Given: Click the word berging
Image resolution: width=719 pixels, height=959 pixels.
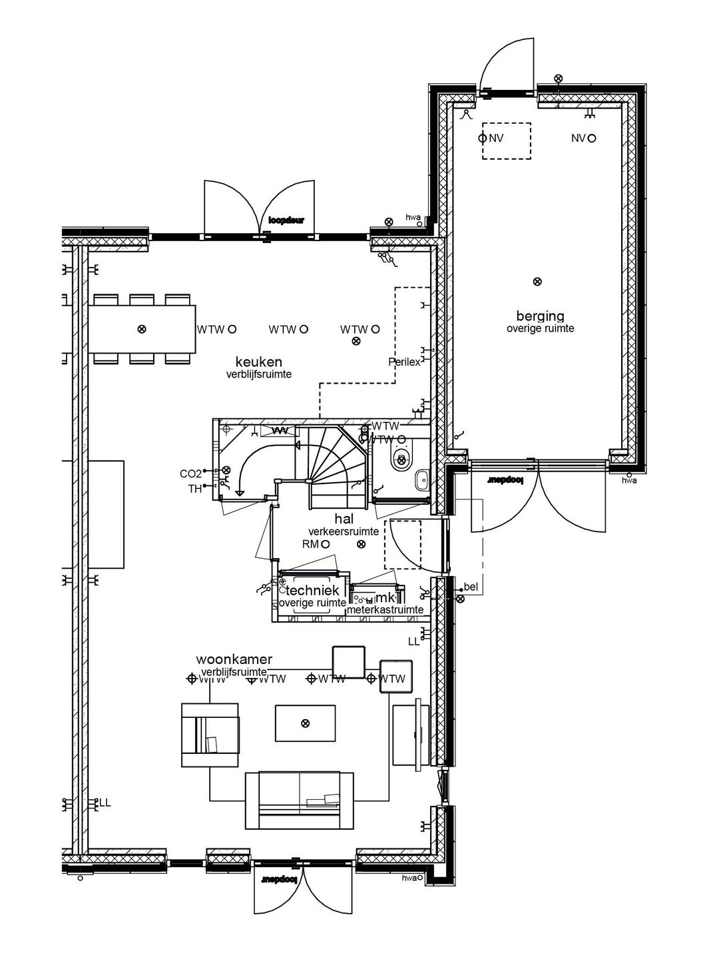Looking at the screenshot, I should click(540, 316).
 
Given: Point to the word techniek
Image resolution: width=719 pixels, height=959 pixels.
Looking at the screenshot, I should click(313, 590).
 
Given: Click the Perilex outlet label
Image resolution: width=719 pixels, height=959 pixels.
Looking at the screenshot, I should click(404, 362).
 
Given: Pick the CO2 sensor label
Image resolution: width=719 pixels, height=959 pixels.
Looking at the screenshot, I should click(190, 474).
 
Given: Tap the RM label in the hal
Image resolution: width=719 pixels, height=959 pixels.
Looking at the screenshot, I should click(310, 544).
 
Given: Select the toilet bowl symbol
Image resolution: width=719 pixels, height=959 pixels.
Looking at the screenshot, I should click(401, 458).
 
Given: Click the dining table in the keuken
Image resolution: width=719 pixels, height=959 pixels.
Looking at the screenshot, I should click(142, 329).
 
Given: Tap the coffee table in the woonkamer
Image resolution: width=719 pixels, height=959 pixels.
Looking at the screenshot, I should click(305, 723).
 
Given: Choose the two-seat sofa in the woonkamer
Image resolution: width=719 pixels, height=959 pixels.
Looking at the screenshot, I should click(300, 800).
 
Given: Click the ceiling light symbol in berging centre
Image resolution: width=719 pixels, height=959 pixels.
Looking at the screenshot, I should click(537, 282).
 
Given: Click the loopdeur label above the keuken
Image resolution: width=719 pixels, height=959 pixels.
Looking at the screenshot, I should click(286, 220).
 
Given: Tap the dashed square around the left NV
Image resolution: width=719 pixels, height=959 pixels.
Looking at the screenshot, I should click(506, 141).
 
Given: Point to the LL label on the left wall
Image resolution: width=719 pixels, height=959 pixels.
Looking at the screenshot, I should click(105, 802).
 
